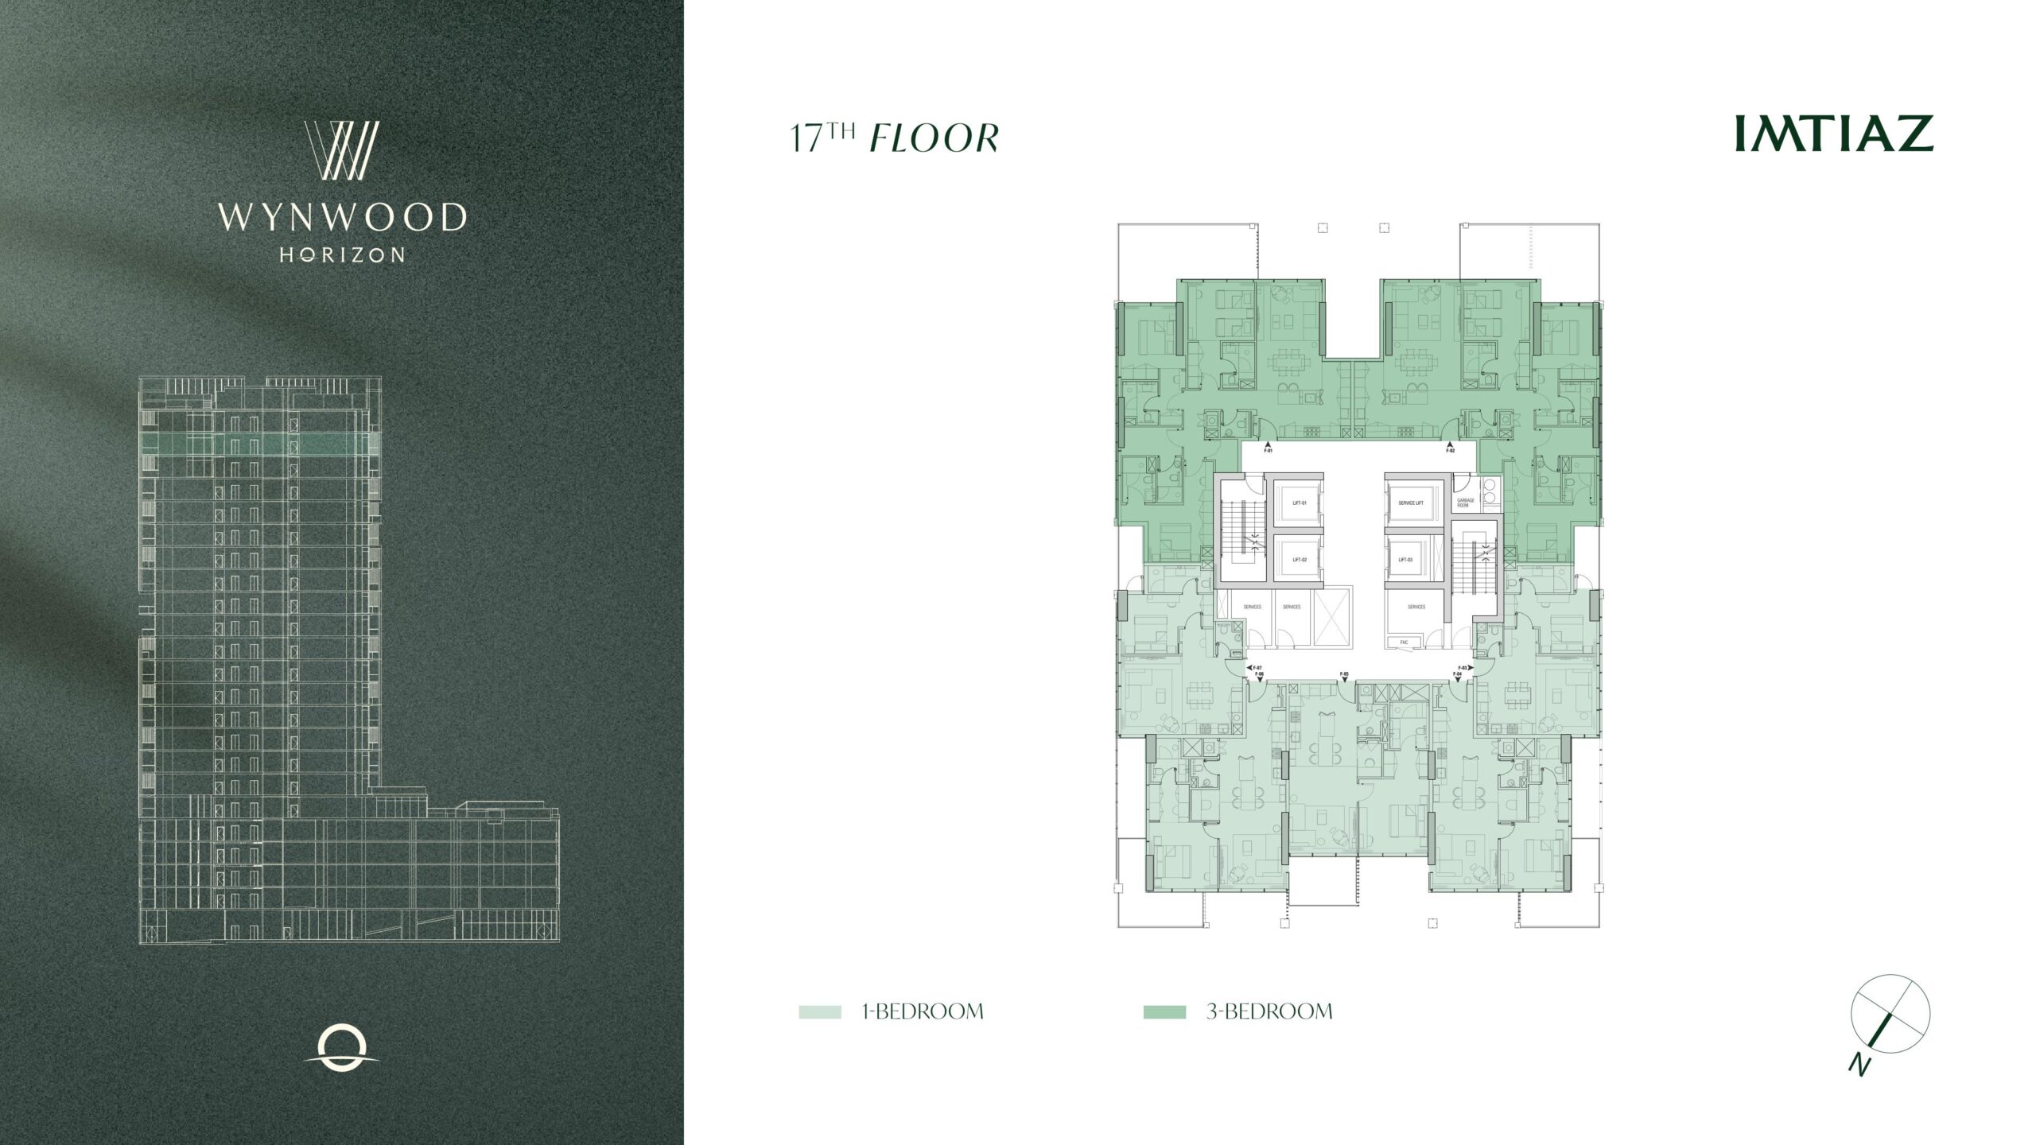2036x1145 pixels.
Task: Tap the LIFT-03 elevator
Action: coord(1405,559)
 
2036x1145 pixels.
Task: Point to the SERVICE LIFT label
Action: coord(1410,503)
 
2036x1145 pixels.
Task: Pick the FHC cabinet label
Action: coord(1394,642)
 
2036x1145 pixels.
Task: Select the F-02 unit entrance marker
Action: coord(1450,449)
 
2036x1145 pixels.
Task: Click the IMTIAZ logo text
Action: coord(1833,134)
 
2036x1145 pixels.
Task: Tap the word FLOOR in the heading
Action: coord(934,138)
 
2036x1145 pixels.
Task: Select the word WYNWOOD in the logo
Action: coord(342,217)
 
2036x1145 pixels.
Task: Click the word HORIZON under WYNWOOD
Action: coord(342,254)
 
